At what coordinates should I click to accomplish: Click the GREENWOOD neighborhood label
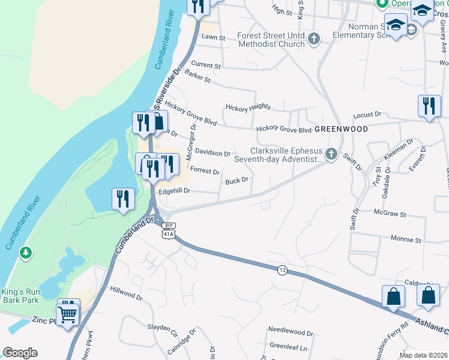point(341,129)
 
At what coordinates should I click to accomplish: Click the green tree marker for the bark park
point(25,253)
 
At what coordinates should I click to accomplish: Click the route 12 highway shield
point(282,271)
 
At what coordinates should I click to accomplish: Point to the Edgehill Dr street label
point(174,191)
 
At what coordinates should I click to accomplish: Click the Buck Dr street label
point(237,181)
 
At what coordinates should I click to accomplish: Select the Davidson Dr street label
point(212,154)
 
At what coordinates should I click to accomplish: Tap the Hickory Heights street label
point(248,107)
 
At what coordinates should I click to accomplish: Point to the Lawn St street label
point(213,37)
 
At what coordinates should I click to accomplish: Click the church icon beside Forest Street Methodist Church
point(313,40)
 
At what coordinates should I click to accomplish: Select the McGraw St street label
point(390,213)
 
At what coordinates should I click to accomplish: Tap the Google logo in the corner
point(20,353)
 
